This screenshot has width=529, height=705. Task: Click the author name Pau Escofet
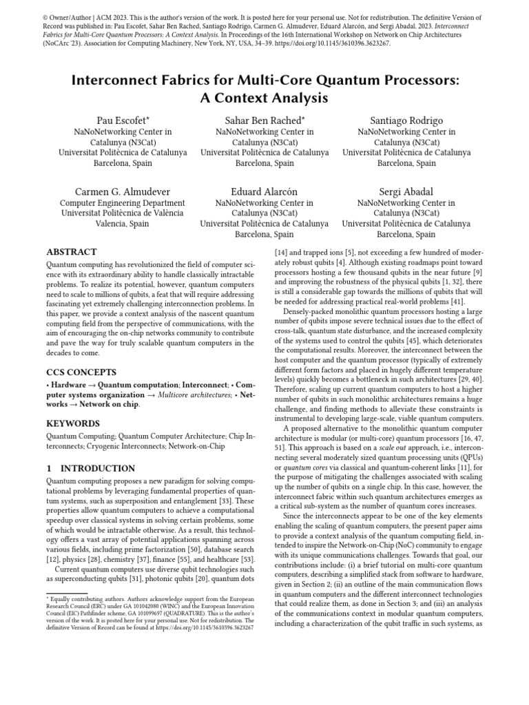pyautogui.click(x=123, y=120)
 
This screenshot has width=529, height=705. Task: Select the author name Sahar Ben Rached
pyautogui.click(x=264, y=120)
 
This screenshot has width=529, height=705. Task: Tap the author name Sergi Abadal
pyautogui.click(x=406, y=191)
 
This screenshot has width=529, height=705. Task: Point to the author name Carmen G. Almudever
pyautogui.click(x=123, y=191)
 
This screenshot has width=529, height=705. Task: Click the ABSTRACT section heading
pyautogui.click(x=71, y=252)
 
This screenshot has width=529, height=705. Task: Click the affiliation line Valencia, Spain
pyautogui.click(x=123, y=224)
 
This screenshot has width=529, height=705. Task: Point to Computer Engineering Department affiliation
pyautogui.click(x=123, y=203)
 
